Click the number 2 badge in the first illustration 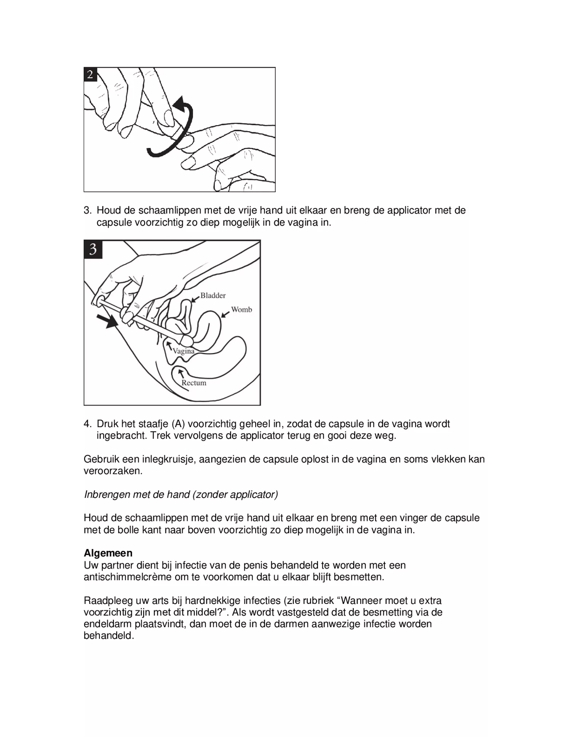(90, 74)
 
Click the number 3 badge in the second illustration (93, 249)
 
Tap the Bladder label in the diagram (213, 295)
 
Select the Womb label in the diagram (241, 310)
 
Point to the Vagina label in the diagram (184, 351)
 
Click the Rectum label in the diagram (194, 383)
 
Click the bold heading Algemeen (108, 553)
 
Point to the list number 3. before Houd (88, 210)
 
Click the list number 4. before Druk (88, 424)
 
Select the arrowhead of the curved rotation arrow (180, 104)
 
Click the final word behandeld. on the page (109, 636)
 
